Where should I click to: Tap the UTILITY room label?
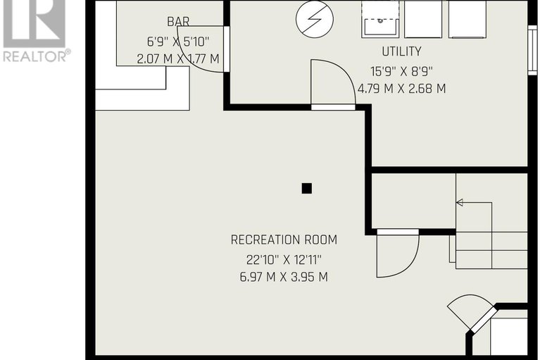click(x=401, y=51)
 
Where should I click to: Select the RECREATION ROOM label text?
click(x=284, y=240)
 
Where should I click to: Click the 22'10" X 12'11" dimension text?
click(x=284, y=258)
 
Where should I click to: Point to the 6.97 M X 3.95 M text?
click(x=284, y=276)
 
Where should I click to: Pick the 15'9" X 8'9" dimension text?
click(x=401, y=70)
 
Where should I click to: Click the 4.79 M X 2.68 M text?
click(x=401, y=89)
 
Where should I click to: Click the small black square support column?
click(x=306, y=188)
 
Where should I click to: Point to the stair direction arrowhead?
click(x=459, y=202)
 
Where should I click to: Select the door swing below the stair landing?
click(x=397, y=254)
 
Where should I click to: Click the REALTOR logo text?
click(x=35, y=56)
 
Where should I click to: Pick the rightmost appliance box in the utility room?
click(x=467, y=19)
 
